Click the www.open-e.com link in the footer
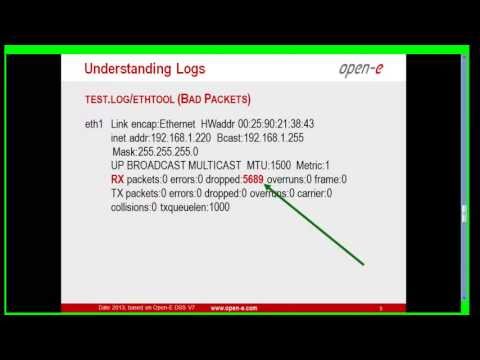[237, 309]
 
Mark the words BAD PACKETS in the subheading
[213, 100]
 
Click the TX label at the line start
[117, 193]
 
